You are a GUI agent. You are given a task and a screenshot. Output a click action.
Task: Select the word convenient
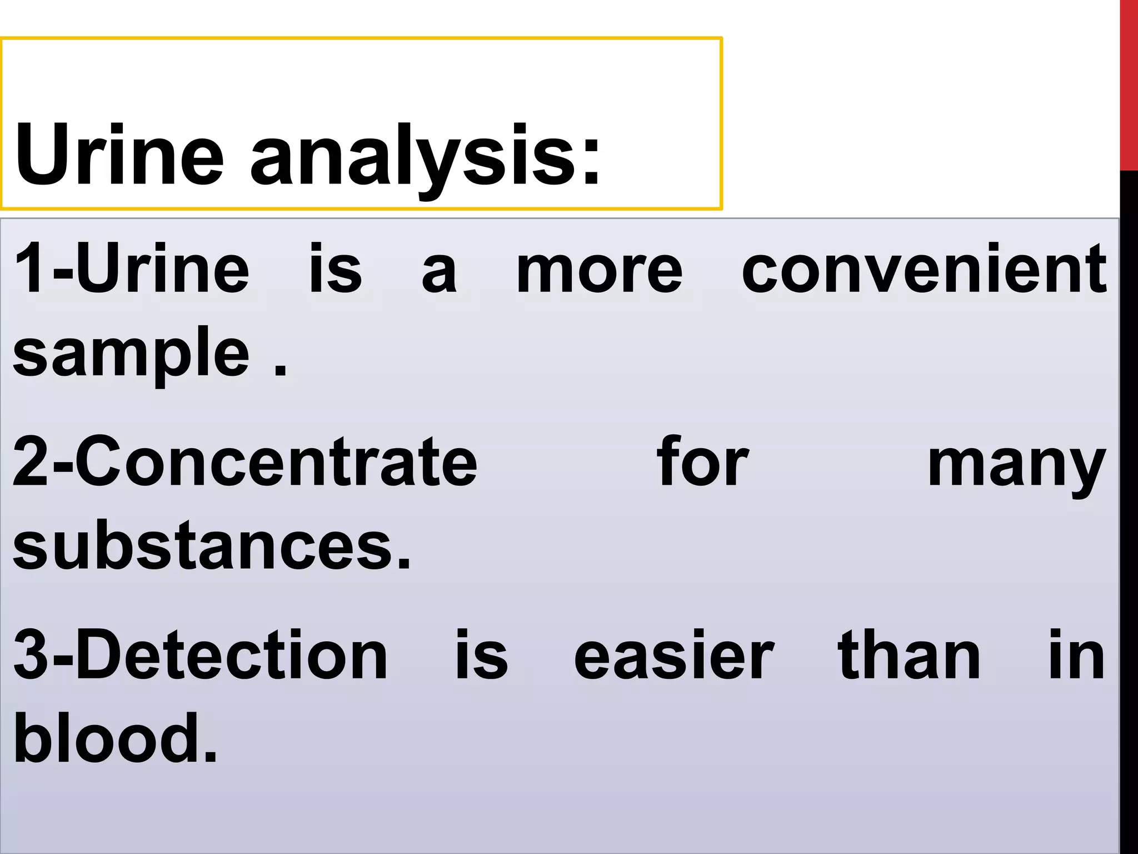tap(924, 269)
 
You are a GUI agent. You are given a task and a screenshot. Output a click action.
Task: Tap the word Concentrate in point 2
tap(275, 462)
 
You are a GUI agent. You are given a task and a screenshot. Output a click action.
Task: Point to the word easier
tap(673, 656)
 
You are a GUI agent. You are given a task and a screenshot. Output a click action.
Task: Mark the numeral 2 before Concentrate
tap(31, 462)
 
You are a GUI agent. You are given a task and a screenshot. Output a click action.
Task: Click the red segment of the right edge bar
tap(1129, 83)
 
